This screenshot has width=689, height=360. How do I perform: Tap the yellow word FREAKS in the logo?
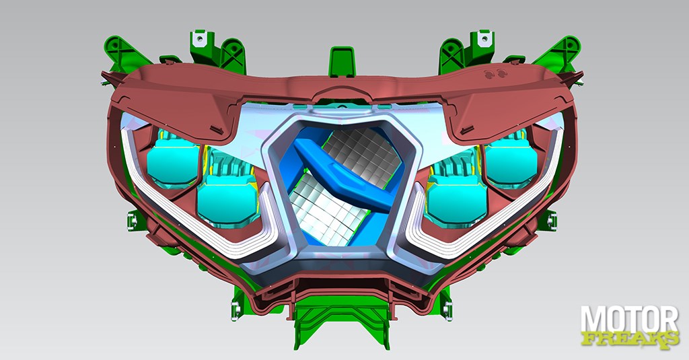[x=630, y=339]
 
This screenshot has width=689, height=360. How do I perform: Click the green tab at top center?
[x=341, y=61]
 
